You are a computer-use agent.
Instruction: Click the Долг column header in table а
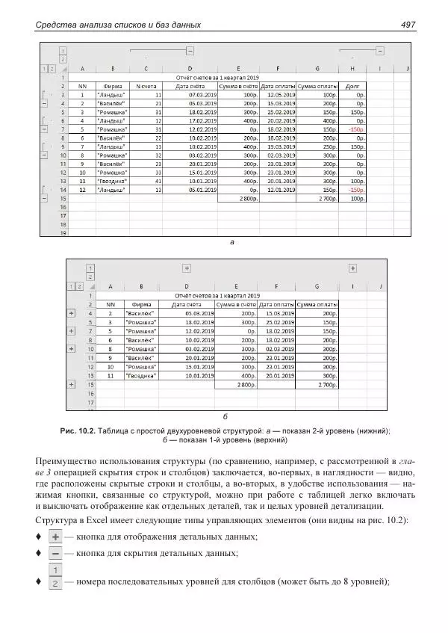[x=353, y=86]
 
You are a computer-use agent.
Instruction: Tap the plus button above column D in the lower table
[x=186, y=268]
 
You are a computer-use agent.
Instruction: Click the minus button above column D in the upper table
[x=190, y=50]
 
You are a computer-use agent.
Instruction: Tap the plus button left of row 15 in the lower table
[x=72, y=384]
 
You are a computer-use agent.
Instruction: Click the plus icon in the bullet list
[x=55, y=537]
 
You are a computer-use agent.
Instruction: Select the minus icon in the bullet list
[x=55, y=553]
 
